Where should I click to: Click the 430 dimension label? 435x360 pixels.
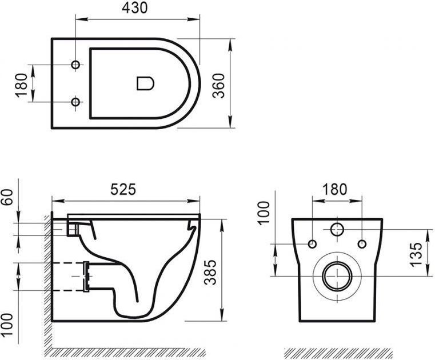135,8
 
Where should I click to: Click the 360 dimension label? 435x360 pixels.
218,86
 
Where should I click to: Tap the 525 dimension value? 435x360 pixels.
123,190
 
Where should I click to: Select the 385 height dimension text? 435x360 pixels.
210,273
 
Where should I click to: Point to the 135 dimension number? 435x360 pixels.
416,255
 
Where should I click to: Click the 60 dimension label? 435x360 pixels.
7,197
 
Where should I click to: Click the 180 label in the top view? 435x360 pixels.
22,85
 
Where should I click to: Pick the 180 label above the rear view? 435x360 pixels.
334,190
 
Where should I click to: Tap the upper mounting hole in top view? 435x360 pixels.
75,65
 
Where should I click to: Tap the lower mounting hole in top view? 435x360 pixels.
75,102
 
